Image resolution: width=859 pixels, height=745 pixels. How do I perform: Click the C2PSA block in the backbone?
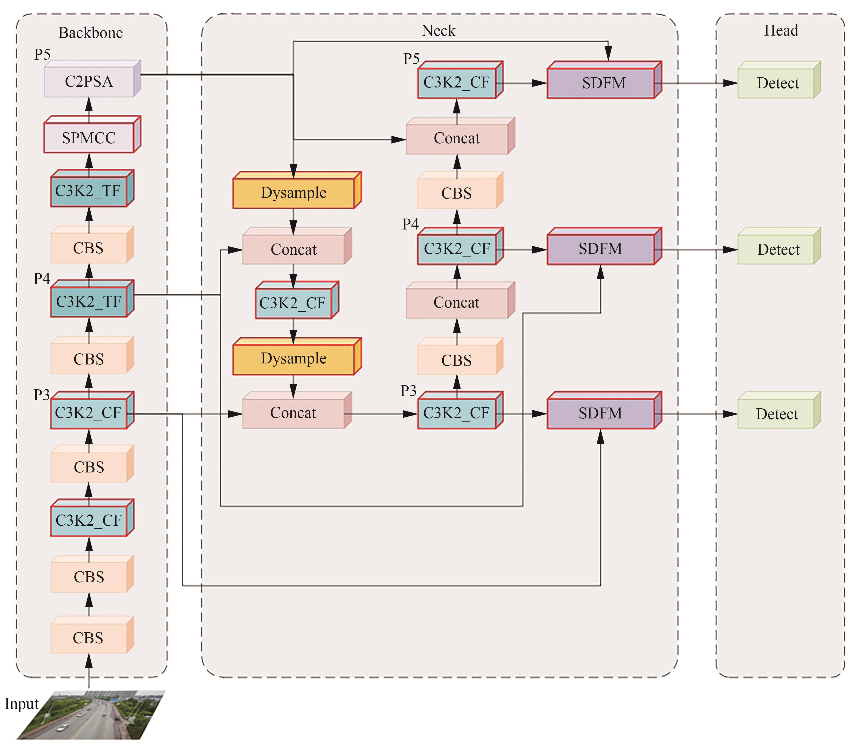[89, 81]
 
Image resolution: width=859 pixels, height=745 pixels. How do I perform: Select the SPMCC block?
[89, 138]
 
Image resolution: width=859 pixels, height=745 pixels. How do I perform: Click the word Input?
[21, 704]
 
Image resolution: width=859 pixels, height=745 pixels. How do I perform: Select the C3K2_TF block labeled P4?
[89, 301]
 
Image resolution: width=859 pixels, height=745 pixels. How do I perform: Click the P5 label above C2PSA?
[42, 55]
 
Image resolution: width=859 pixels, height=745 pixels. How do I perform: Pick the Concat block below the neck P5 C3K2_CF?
[457, 138]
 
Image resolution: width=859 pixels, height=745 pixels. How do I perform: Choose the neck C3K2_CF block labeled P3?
[456, 413]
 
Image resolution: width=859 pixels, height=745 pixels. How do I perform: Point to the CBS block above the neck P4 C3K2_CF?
[456, 193]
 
